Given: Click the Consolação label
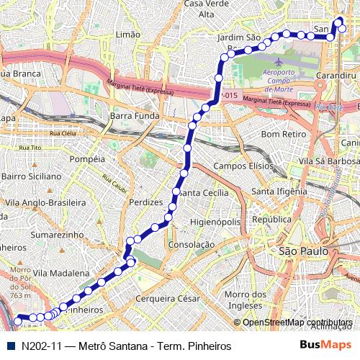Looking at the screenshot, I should tap(191, 245).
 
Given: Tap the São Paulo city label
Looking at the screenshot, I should tap(303, 252).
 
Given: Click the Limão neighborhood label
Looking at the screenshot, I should tap(127, 35).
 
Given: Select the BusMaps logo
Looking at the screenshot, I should tap(326, 346).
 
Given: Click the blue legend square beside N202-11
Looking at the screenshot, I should tap(9, 346).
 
